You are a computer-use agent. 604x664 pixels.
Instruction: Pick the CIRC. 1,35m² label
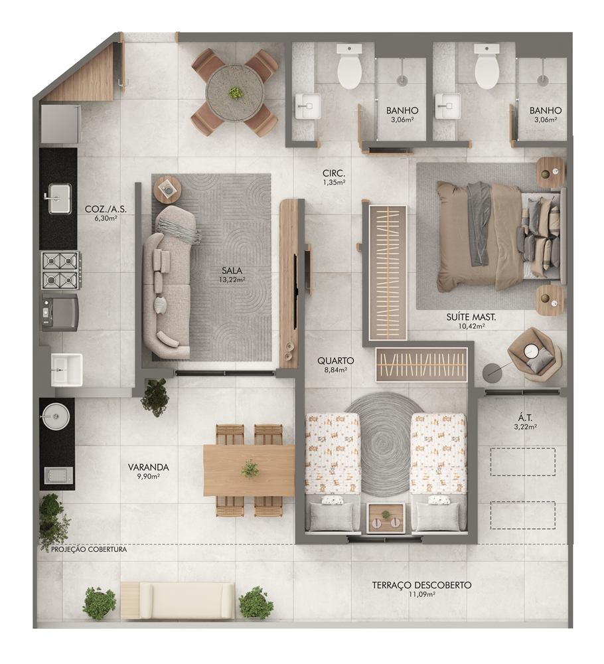[x=334, y=177]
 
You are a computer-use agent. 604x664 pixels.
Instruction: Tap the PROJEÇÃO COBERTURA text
[x=89, y=550]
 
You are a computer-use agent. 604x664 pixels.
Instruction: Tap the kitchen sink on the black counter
[x=59, y=199]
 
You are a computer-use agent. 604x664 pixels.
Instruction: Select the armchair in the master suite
[x=534, y=355]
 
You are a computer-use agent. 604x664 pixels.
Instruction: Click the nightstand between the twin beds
[x=386, y=517]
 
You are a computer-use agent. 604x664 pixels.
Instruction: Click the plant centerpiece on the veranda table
[x=250, y=469]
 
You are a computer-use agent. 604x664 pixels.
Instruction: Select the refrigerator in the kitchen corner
[x=60, y=124]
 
